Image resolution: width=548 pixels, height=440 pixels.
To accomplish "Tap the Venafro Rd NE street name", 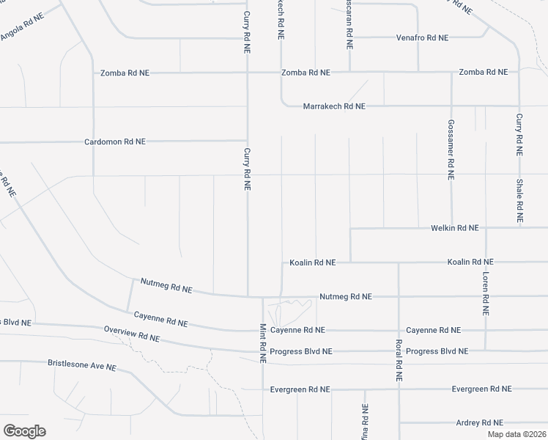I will click(422, 37).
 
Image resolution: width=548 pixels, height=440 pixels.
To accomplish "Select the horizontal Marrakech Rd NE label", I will click(334, 106).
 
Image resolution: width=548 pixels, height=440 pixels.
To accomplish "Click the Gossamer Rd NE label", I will click(451, 150).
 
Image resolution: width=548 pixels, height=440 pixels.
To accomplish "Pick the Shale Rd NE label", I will click(519, 201).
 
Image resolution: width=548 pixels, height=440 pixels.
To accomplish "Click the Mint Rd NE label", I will click(262, 343).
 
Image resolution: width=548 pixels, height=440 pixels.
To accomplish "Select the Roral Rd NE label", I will click(399, 360).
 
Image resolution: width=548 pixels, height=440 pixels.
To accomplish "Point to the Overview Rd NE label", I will click(132, 334).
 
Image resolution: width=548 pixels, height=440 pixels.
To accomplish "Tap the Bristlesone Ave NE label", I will click(82, 364).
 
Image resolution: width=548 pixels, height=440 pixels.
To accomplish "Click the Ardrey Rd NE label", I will click(479, 422).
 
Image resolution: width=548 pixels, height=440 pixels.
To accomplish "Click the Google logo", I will click(24, 431).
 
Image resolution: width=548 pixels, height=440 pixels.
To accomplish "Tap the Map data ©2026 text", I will click(516, 434).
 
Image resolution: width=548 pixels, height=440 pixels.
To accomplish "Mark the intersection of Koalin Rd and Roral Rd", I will click(399, 262).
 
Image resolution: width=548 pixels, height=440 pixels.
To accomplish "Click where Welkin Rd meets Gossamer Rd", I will click(451, 228).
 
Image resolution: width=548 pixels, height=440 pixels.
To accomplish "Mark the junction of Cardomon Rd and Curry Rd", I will click(246, 140).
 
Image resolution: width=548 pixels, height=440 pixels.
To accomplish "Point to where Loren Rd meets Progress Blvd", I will click(485, 351).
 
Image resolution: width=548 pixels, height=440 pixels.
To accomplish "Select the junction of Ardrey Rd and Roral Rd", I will click(399, 422).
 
